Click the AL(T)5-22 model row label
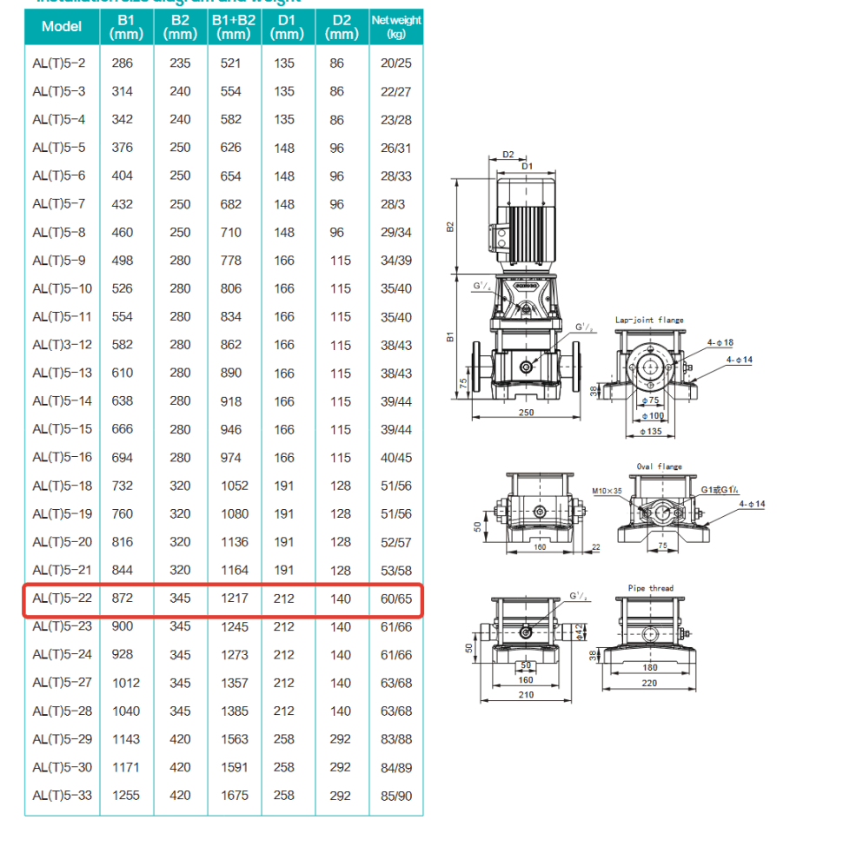[60, 599]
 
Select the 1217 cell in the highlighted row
[234, 599]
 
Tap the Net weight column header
[396, 27]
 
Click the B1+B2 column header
[234, 27]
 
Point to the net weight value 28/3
[395, 204]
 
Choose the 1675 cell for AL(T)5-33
[234, 795]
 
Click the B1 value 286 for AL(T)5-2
[123, 63]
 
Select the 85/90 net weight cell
[396, 795]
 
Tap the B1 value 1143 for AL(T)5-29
[125, 738]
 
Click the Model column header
[62, 27]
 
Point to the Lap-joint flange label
[649, 320]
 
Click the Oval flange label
[660, 466]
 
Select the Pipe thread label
[650, 588]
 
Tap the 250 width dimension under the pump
[527, 413]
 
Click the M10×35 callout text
[608, 491]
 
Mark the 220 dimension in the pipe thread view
[650, 683]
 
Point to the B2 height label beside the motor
[450, 226]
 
